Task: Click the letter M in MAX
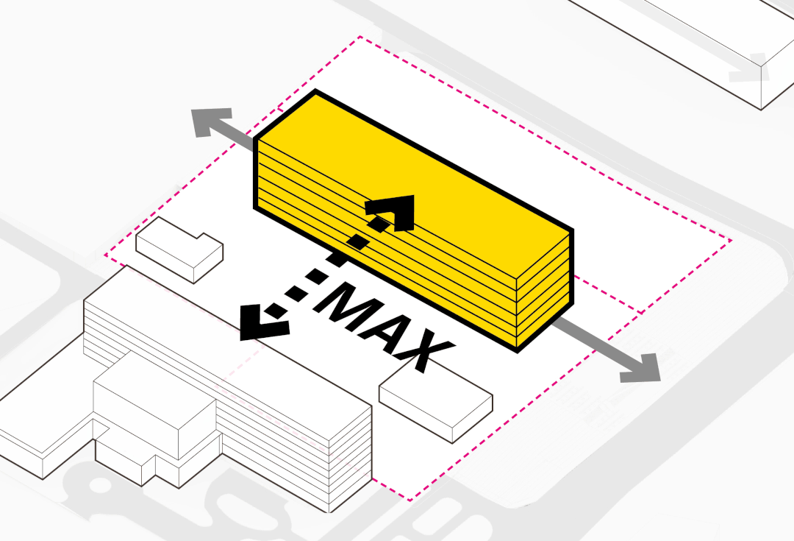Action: (347, 303)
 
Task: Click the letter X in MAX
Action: (425, 350)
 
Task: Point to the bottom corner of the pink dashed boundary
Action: (409, 501)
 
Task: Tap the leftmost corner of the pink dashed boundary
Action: (105, 255)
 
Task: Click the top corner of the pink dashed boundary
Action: (360, 36)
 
